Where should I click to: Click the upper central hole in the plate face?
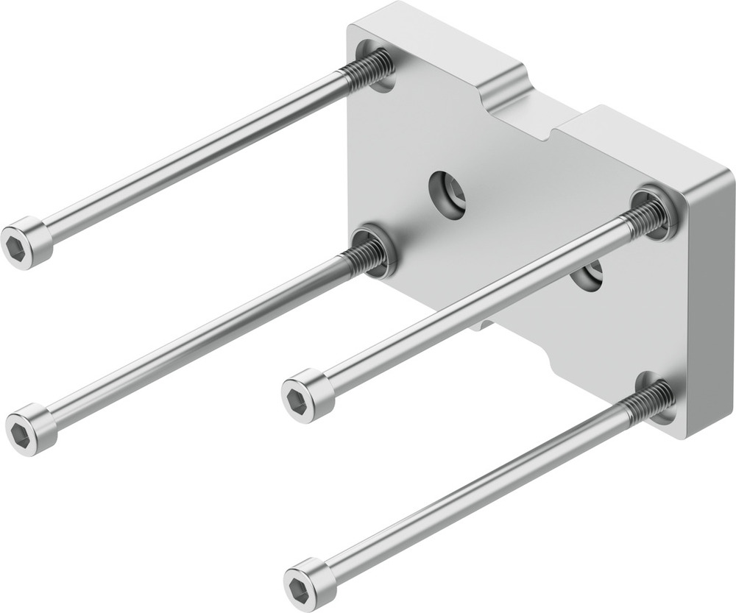(448, 194)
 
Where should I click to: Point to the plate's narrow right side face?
(710, 309)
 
